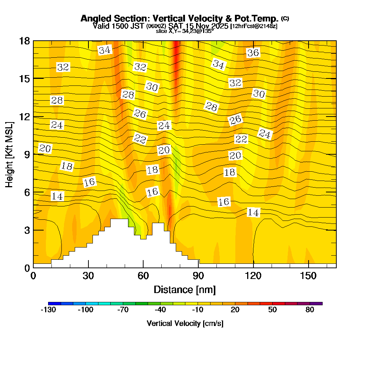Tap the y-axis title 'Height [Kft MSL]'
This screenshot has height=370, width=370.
click(x=9, y=154)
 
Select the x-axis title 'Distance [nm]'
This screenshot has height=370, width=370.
click(x=185, y=289)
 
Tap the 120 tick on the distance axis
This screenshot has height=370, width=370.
click(x=253, y=276)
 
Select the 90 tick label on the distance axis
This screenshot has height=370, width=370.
click(x=198, y=276)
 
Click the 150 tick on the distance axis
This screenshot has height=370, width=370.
click(x=309, y=276)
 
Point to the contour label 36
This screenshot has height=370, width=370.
click(x=253, y=53)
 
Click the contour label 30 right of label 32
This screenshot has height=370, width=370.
click(x=259, y=94)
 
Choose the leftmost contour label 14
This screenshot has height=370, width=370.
click(x=57, y=196)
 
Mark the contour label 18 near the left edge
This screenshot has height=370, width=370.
click(x=67, y=166)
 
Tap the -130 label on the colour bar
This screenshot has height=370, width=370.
click(x=48, y=310)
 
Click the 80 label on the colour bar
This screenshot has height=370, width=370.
click(x=310, y=310)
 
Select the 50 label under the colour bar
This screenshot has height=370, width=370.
click(x=272, y=310)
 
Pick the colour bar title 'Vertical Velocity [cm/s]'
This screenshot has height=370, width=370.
click(x=185, y=323)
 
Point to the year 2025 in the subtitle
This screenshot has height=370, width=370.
click(x=219, y=26)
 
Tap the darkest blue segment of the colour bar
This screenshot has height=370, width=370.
click(x=52, y=303)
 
